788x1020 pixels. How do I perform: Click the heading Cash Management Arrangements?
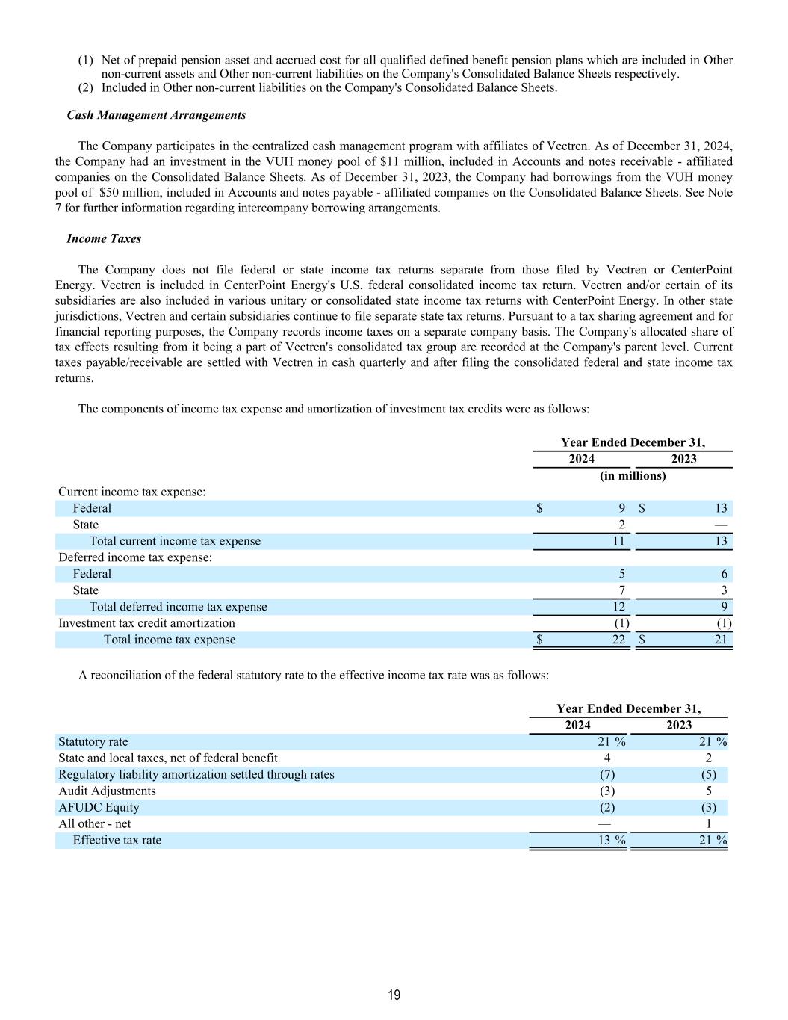pos(156,115)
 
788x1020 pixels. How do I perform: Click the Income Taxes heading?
pos(104,239)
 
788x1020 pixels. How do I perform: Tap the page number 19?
pos(394,995)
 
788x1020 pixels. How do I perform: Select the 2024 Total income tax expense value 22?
pos(618,640)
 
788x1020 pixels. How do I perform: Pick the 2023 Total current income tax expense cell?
pos(720,541)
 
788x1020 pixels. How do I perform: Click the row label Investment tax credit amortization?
pos(146,623)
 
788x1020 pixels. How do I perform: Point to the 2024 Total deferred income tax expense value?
pos(618,607)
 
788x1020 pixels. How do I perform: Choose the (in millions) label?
pos(633,476)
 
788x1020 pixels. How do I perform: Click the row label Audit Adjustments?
pos(107,791)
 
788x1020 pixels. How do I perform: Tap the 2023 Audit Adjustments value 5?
pos(708,791)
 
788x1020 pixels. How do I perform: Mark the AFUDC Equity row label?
pos(99,807)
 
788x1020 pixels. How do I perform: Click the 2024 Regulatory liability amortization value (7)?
pos(607,774)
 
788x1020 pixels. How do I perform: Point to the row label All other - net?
pos(95,823)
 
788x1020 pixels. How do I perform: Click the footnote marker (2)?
pos(86,88)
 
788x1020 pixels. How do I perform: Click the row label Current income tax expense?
pos(132,492)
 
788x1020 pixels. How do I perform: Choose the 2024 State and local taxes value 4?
pos(607,758)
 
